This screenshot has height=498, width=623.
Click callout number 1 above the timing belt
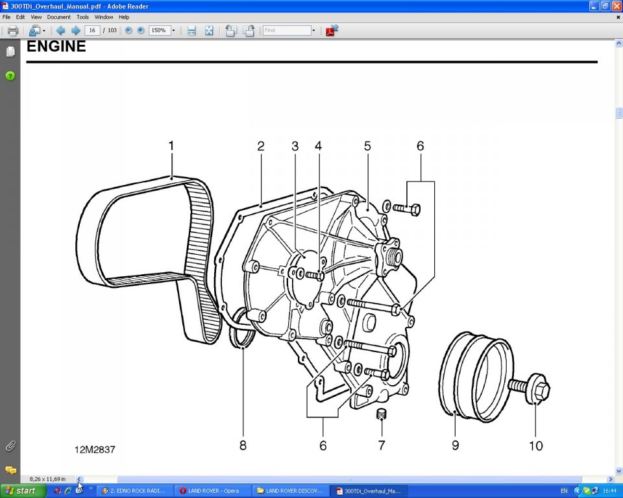[171, 146]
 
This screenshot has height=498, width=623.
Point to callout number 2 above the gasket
[261, 146]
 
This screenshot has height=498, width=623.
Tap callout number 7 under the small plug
[382, 445]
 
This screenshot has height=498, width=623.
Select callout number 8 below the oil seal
[243, 445]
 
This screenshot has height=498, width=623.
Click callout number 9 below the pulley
[456, 445]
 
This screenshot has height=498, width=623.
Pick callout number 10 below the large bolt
[536, 445]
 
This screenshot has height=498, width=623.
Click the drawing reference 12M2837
[95, 449]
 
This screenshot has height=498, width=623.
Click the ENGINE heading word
[56, 47]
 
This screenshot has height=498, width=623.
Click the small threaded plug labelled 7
[382, 413]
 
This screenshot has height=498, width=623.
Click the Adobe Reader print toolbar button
[13, 30]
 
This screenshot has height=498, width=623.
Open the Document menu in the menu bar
[58, 17]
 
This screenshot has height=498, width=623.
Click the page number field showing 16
[92, 30]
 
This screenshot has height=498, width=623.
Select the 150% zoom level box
[159, 30]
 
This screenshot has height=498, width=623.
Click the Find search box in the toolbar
[287, 30]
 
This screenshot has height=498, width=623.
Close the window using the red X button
[616, 6]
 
